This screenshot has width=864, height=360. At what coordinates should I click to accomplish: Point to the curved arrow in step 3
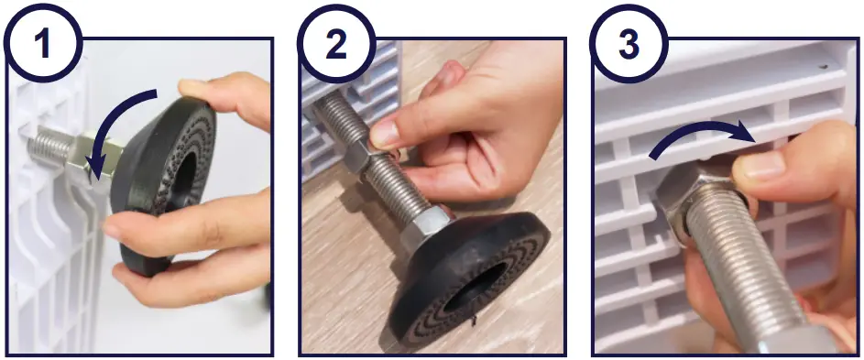[701, 137]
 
